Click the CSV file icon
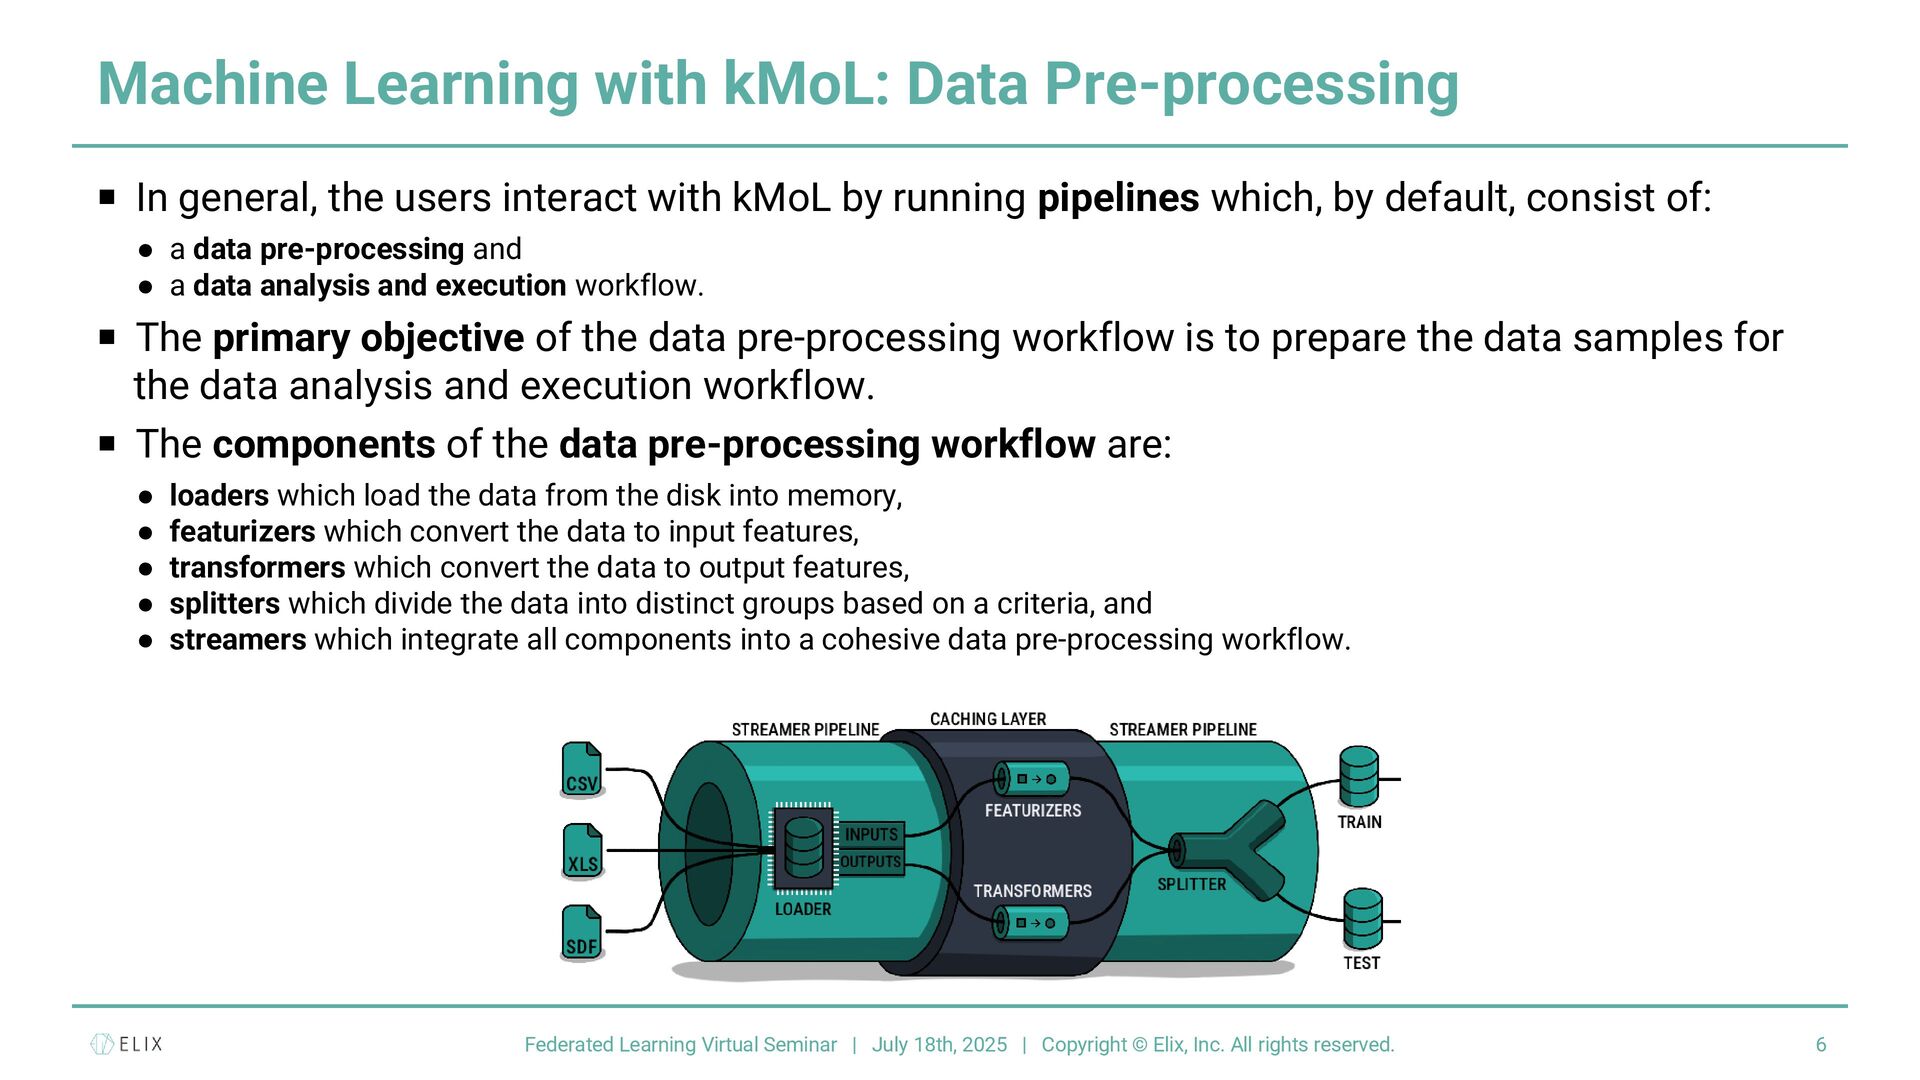click(581, 770)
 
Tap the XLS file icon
click(583, 851)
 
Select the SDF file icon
click(582, 933)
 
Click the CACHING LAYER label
click(987, 719)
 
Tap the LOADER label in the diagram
click(802, 909)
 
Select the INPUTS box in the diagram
click(871, 834)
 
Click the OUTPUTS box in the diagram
click(870, 862)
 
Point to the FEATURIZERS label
click(1032, 810)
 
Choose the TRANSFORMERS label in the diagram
click(1032, 891)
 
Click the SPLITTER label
click(1191, 884)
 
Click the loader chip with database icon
click(803, 848)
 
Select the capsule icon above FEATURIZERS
click(1031, 778)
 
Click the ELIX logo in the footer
click(127, 1044)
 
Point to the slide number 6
click(1821, 1044)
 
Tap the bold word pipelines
click(1118, 198)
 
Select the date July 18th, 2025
click(939, 1044)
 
